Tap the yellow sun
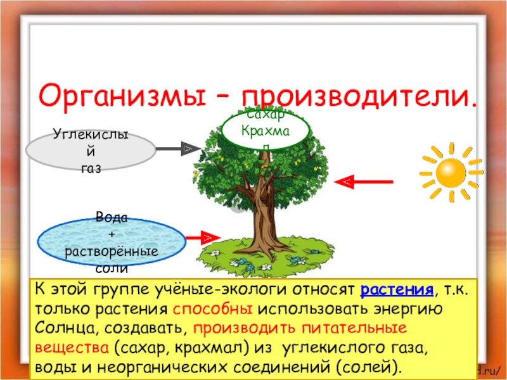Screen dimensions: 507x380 pyautogui.click(x=451, y=172)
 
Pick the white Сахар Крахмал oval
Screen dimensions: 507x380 pyautogui.click(x=266, y=130)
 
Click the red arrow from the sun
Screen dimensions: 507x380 pyautogui.click(x=368, y=182)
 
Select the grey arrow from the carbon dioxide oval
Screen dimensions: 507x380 pyautogui.click(x=174, y=149)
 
